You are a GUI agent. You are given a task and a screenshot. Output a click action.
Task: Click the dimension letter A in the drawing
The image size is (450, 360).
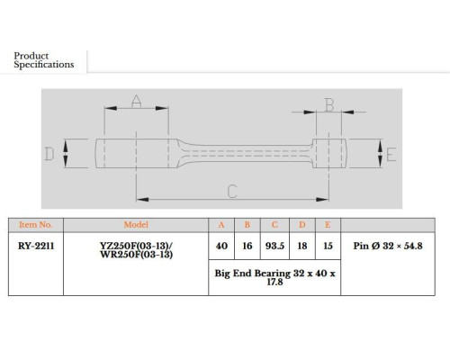pyautogui.click(x=137, y=101)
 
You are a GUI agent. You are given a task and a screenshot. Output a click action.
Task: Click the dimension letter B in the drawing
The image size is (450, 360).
pyautogui.click(x=329, y=105)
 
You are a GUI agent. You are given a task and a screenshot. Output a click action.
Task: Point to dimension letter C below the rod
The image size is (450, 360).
pyautogui.click(x=232, y=192)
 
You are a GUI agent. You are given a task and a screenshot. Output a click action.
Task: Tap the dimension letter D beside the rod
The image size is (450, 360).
pyautogui.click(x=49, y=154)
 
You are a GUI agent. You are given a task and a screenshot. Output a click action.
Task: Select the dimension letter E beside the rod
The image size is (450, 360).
pyautogui.click(x=391, y=155)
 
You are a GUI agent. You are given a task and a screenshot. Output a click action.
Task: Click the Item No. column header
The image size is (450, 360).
pyautogui.click(x=36, y=225)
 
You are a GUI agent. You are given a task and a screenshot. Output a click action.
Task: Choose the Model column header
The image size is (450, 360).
pyautogui.click(x=136, y=225)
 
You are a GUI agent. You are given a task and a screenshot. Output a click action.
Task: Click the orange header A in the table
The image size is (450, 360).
pyautogui.click(x=221, y=225)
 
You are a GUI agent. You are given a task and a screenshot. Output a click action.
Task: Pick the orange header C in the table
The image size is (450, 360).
pyautogui.click(x=274, y=225)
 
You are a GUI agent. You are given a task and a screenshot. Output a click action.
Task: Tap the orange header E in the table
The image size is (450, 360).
pyautogui.click(x=328, y=225)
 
